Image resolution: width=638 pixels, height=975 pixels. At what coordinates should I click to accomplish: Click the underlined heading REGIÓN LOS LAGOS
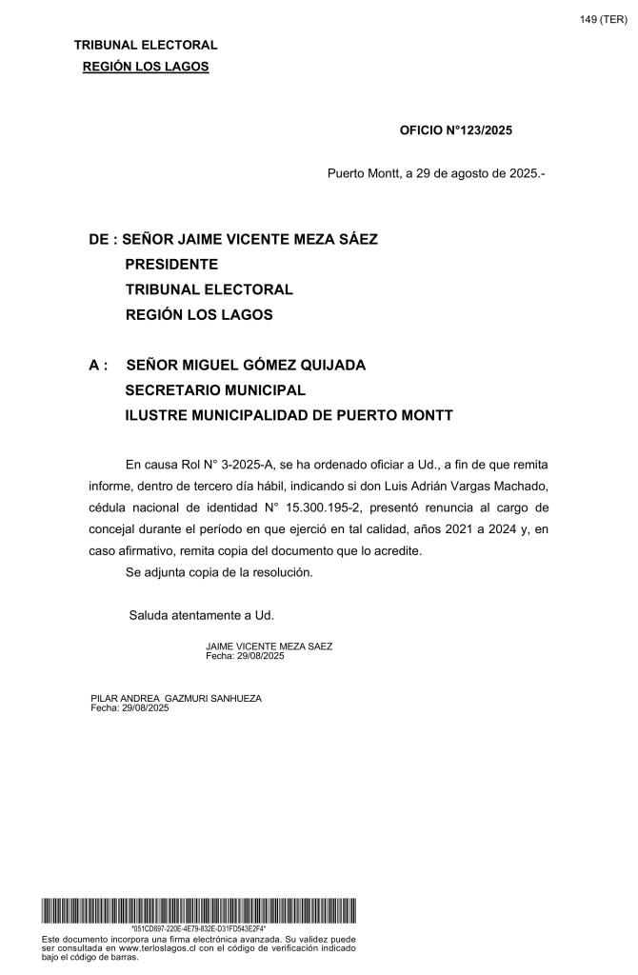point(146,66)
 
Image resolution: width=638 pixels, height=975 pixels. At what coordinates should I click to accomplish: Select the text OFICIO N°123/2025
point(455,130)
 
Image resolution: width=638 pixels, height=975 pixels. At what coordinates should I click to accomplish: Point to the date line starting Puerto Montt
point(435,173)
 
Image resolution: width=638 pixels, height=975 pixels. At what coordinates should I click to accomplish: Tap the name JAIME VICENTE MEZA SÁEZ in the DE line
point(269,239)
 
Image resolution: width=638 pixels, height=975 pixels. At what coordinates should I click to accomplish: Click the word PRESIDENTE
point(171,264)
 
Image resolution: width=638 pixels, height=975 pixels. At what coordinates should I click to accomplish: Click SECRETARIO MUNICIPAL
point(215,389)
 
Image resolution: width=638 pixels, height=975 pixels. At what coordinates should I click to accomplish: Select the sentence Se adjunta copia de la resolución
point(231,572)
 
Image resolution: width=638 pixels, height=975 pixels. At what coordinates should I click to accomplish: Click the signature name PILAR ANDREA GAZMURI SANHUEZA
point(175,698)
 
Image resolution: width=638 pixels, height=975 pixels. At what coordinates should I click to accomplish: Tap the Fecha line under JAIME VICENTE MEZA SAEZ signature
point(245,656)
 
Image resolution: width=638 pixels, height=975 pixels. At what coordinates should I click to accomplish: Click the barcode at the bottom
point(199,909)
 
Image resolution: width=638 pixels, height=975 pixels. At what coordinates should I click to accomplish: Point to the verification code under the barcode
point(198,928)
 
